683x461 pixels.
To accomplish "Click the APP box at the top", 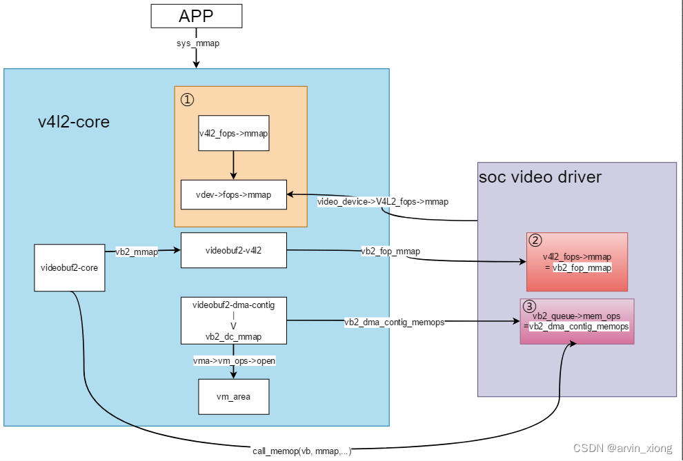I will [197, 16].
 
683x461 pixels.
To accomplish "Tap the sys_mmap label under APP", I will [197, 43].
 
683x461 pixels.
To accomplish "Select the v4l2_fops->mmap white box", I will [233, 133].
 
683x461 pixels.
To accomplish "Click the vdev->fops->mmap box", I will [233, 194].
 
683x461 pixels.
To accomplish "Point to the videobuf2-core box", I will [70, 267].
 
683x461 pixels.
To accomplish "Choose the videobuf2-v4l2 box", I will [233, 250].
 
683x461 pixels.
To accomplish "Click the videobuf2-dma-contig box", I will [233, 320].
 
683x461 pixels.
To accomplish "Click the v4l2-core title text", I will [74, 122].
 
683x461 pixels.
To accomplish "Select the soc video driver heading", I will [540, 177].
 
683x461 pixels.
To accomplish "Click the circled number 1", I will [188, 99].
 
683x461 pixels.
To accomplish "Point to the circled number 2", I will [535, 241].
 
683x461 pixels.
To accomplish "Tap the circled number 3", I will [529, 307].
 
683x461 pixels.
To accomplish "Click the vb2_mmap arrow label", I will [137, 252].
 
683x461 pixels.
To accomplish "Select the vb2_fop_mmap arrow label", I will [390, 252].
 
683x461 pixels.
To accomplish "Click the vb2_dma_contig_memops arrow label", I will [394, 322].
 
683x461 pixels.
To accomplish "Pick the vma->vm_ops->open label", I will [234, 360].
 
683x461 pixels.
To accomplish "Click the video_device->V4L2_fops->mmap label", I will [383, 202].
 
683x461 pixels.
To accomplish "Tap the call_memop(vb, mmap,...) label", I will [302, 451].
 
